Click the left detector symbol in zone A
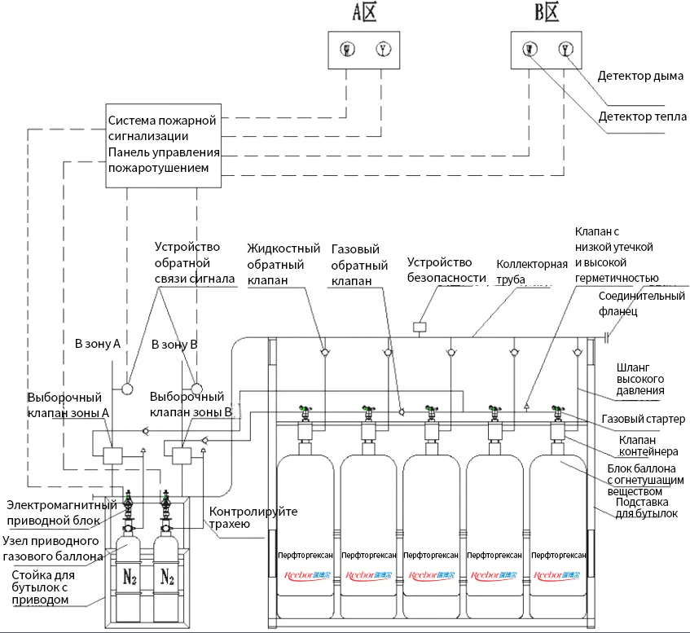tap(347, 50)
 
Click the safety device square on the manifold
tap(420, 327)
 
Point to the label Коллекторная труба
tap(531, 272)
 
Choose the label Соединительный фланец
tap(641, 303)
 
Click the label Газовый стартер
tap(644, 419)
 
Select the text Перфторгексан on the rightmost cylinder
tap(557, 555)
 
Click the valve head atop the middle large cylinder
tap(431, 412)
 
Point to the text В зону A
tap(98, 345)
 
